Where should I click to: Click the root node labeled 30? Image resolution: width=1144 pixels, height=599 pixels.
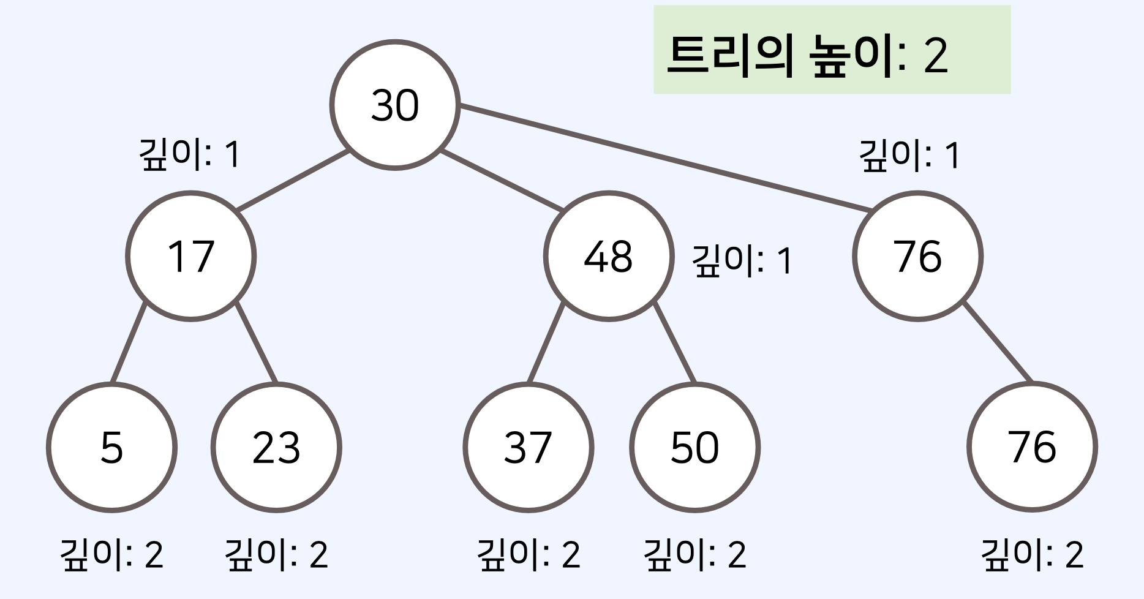[395, 105]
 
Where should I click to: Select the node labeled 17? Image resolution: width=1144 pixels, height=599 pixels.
[191, 256]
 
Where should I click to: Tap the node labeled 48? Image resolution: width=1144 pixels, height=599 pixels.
[608, 256]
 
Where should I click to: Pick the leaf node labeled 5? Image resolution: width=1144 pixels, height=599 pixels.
[111, 447]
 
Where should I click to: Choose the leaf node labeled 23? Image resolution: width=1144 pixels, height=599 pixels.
[276, 447]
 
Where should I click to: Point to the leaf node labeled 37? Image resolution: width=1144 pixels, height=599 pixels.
[528, 447]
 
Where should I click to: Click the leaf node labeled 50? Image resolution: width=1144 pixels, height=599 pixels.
[694, 447]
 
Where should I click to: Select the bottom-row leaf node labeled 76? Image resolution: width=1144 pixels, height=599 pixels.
[1032, 447]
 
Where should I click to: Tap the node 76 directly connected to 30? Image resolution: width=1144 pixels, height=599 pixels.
[917, 256]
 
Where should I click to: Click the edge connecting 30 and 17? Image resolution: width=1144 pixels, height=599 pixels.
[293, 181]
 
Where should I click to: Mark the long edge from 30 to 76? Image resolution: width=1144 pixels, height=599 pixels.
[664, 159]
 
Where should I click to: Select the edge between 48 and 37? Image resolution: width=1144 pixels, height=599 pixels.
[546, 342]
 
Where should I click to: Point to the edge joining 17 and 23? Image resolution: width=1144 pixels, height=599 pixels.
[257, 342]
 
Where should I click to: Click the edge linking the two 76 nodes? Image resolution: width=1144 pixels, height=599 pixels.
[998, 342]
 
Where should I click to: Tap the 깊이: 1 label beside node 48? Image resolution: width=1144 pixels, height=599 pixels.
[742, 260]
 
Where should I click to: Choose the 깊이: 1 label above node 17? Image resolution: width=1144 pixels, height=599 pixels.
[190, 154]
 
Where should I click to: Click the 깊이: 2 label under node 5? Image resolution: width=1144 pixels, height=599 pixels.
[111, 554]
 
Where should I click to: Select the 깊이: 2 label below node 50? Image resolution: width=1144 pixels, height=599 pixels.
[694, 554]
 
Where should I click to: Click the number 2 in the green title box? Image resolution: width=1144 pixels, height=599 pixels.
[936, 56]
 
